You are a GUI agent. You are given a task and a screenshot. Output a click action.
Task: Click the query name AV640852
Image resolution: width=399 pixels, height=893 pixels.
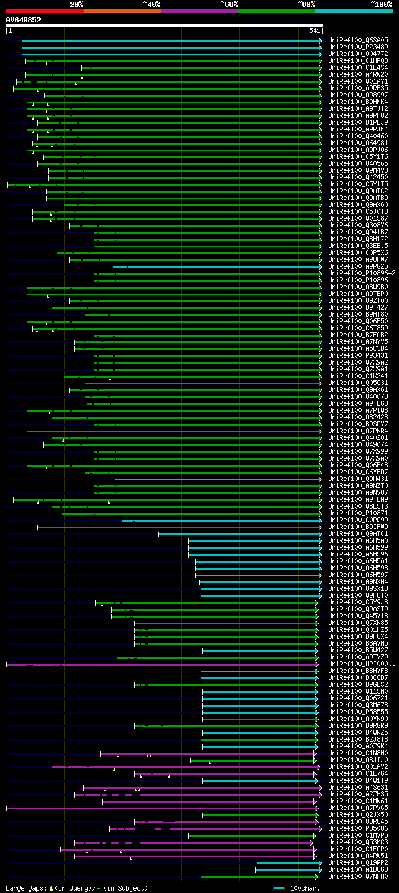tap(23, 20)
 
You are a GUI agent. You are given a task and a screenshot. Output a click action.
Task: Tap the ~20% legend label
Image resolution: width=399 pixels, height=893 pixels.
tap(76, 4)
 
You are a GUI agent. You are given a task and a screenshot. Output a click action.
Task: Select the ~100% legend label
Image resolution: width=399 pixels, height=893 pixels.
tap(381, 4)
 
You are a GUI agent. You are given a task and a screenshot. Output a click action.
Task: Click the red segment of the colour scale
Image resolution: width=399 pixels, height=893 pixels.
tap(44, 11)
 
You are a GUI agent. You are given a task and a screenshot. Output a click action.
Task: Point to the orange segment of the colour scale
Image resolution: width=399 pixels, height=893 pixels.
tap(122, 11)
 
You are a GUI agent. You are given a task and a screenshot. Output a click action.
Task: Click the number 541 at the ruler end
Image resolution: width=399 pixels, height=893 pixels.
tap(314, 31)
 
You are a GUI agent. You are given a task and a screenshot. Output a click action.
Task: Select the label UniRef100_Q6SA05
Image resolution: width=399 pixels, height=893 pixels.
tap(358, 40)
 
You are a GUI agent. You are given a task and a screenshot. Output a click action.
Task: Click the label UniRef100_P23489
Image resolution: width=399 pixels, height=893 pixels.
tap(358, 47)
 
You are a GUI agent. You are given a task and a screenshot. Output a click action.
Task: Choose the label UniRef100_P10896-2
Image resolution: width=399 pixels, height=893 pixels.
tap(362, 273)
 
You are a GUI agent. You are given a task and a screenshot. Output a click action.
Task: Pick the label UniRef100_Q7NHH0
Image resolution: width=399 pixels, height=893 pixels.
tap(358, 877)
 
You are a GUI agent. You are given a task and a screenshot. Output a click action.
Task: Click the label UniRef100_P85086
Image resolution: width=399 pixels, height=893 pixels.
tap(358, 829)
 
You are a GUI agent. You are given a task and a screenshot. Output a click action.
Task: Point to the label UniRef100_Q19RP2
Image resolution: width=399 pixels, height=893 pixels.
tap(358, 863)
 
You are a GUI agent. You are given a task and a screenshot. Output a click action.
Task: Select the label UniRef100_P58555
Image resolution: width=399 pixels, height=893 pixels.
tap(358, 712)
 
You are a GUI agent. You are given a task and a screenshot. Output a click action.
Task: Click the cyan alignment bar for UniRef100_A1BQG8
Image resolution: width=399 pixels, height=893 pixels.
tap(287, 870)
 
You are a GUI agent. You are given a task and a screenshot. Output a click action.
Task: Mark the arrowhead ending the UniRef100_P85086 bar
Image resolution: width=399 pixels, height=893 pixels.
tap(320, 829)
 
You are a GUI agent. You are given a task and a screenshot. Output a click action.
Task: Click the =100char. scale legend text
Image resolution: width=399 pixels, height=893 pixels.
tap(302, 888)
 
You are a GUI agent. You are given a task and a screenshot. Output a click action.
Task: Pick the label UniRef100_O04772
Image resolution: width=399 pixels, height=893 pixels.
tap(358, 54)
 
